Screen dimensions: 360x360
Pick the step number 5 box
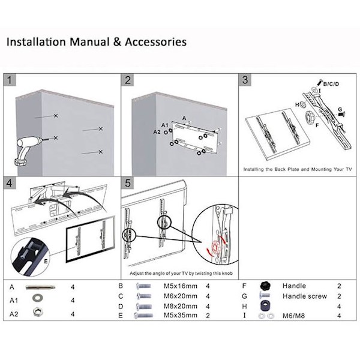pyautogui.click(x=128, y=182)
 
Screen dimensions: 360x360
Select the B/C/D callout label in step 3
pyautogui.click(x=331, y=84)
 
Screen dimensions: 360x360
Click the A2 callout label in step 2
pyautogui.click(x=157, y=131)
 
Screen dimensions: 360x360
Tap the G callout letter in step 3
pyautogui.click(x=340, y=109)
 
